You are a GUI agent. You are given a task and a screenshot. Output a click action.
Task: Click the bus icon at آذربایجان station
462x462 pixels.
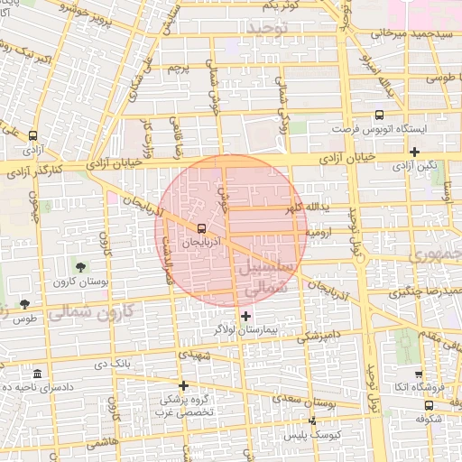click(x=201, y=228)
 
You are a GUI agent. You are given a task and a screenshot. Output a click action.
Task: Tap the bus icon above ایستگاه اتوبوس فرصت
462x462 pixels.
click(x=379, y=115)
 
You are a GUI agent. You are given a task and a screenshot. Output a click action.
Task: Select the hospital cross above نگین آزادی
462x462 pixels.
click(x=414, y=152)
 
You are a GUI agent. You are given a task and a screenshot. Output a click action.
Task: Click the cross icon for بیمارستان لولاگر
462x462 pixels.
click(x=246, y=316)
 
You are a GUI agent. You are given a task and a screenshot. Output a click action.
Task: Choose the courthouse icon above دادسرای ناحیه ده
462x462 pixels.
click(x=36, y=374)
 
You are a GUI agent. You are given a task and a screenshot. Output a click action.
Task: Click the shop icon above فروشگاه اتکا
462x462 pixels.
click(x=419, y=374)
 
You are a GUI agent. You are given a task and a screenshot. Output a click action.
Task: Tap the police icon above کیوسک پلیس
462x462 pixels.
click(x=313, y=420)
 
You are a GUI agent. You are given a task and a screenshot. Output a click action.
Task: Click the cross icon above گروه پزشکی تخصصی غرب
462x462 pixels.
click(x=183, y=385)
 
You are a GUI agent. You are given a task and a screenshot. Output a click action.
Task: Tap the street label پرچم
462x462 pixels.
click(x=178, y=68)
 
